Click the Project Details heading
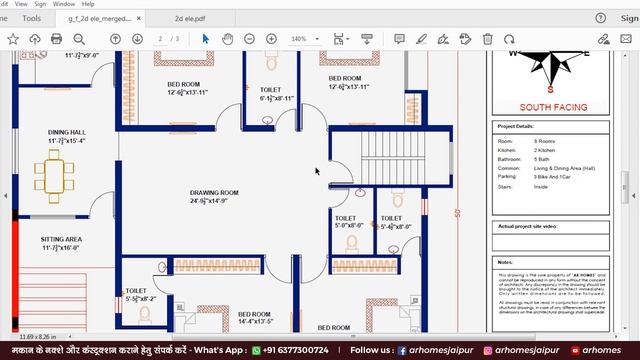[516, 127]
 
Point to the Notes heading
[506, 262]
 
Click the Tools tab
[32, 18]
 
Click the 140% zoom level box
[299, 39]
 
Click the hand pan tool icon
[227, 39]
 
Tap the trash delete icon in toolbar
[487, 39]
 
